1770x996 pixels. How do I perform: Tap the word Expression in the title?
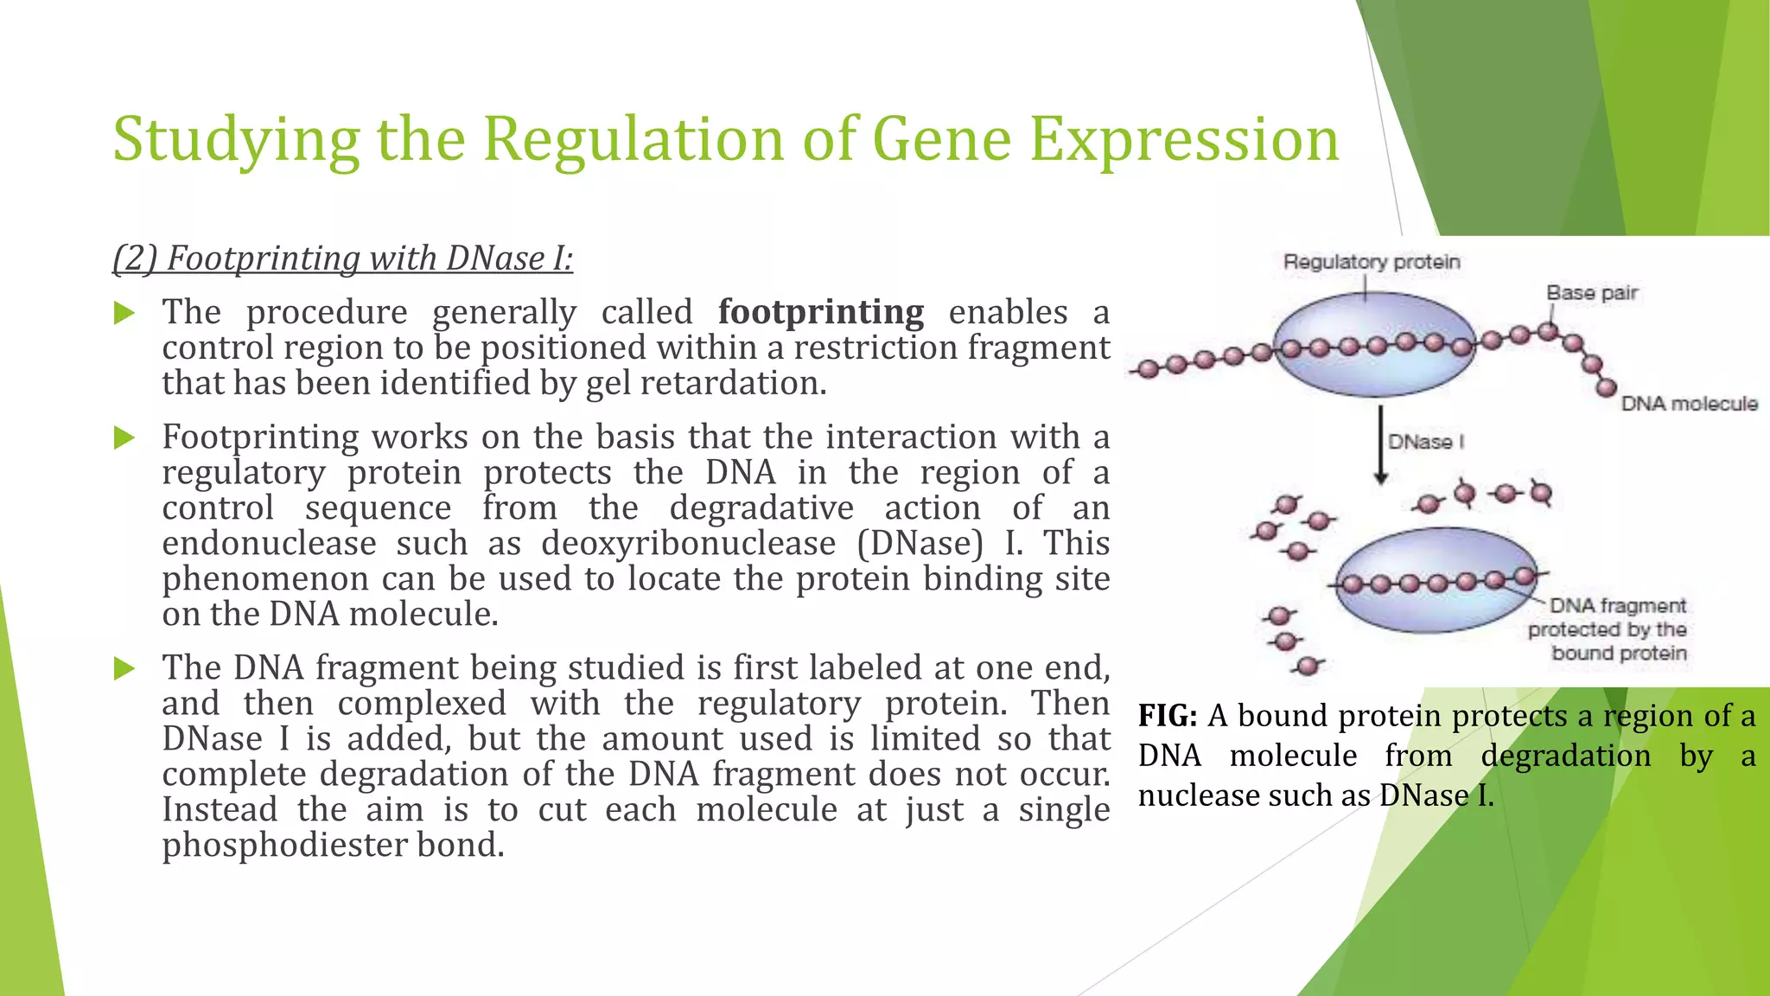tap(1184, 140)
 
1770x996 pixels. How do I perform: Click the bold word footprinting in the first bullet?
tap(820, 312)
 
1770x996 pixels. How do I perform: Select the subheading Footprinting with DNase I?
tap(343, 259)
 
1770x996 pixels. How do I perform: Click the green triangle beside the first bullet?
tap(124, 313)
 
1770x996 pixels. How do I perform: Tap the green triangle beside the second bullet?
tap(124, 437)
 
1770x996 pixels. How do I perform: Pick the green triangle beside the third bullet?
tap(124, 668)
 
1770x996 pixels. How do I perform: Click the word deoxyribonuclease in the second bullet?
tap(688, 544)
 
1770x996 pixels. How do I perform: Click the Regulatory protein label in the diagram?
tap(1372, 262)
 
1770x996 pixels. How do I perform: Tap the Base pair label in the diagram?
tap(1592, 293)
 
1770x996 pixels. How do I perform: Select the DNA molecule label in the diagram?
tap(1689, 404)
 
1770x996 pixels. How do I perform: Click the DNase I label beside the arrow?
tap(1426, 442)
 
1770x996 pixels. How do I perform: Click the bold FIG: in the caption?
tap(1167, 716)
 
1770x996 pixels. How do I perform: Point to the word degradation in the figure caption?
tap(1565, 757)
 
